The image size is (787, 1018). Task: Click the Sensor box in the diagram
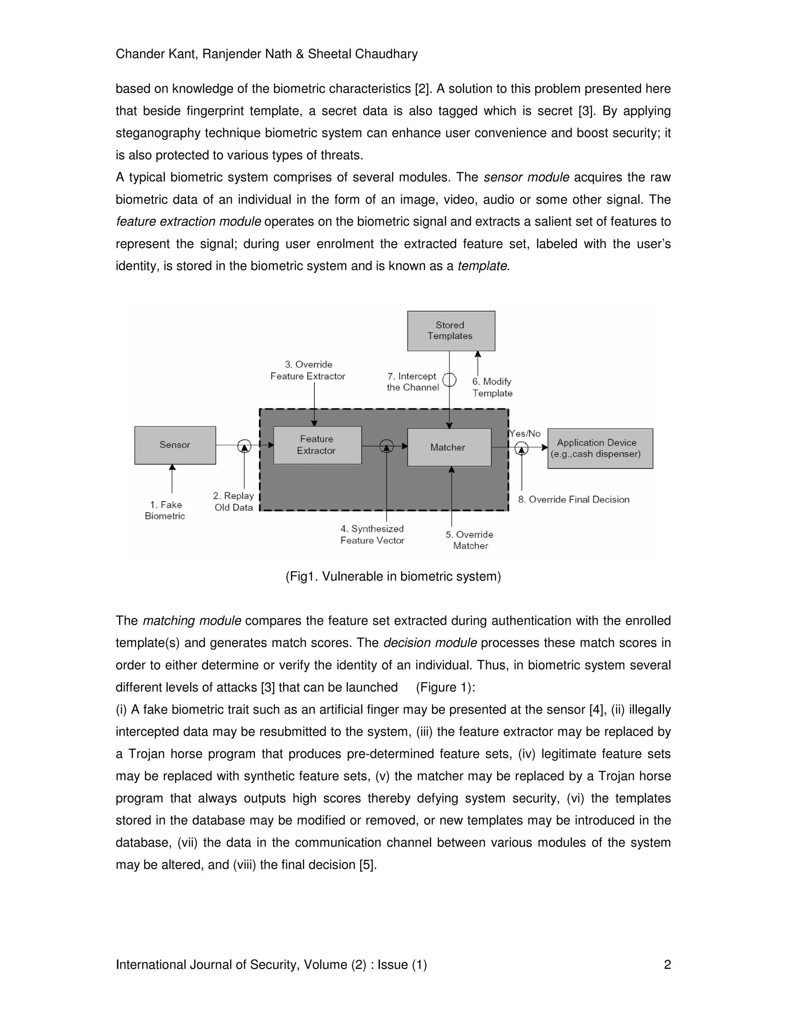coord(175,445)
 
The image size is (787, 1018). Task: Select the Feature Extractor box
coord(317,445)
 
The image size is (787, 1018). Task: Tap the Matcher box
coord(448,448)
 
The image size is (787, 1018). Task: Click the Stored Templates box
coord(451,330)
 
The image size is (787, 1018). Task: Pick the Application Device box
coord(599,448)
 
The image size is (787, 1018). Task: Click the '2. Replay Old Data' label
coord(234,502)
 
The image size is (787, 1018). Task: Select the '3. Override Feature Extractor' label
coord(308,370)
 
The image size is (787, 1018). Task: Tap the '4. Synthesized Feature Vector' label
coord(372,535)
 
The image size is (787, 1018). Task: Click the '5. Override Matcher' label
coord(470,540)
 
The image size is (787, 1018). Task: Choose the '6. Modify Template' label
coord(492,387)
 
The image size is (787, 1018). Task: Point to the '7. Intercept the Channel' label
coord(413,382)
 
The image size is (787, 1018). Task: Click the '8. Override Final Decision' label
coord(573,500)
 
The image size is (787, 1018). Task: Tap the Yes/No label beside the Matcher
coord(525,433)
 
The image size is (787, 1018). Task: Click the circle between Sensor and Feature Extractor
coord(244,446)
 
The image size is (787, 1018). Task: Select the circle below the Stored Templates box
coord(450,380)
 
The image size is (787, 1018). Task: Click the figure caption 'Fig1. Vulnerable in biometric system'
coord(393,577)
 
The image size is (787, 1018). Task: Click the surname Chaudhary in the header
coord(386,54)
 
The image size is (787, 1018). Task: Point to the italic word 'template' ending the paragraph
coord(481,266)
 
